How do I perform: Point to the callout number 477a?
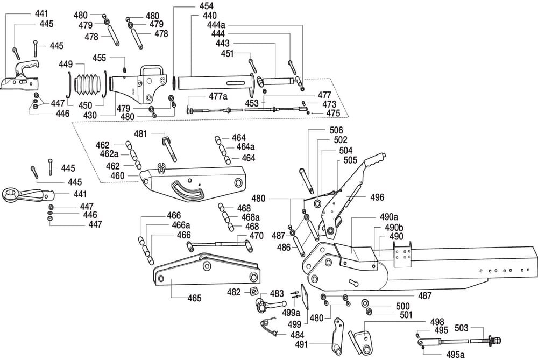pyautogui.click(x=218, y=96)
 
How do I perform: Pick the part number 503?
pyautogui.click(x=462, y=327)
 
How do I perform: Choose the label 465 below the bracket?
pyautogui.click(x=194, y=298)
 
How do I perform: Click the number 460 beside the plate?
pyautogui.click(x=117, y=175)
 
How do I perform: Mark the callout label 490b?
pyautogui.click(x=394, y=228)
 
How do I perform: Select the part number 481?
pyautogui.click(x=140, y=133)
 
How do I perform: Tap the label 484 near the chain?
pyautogui.click(x=297, y=335)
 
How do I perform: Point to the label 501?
pyautogui.click(x=403, y=315)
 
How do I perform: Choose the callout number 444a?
pyautogui.click(x=217, y=25)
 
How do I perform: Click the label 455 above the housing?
pyautogui.click(x=99, y=58)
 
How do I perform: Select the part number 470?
pyautogui.click(x=256, y=236)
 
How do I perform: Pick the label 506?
pyautogui.click(x=336, y=130)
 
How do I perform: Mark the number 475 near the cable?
pyautogui.click(x=334, y=113)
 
